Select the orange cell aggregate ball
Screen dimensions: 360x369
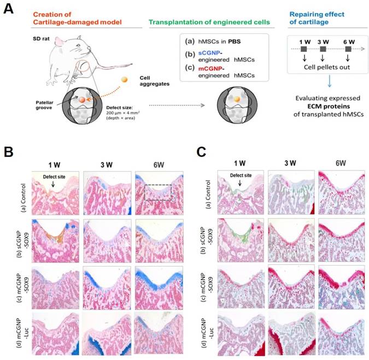[125, 80]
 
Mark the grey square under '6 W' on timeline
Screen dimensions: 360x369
[348, 49]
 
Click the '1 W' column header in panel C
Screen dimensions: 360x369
[239, 163]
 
